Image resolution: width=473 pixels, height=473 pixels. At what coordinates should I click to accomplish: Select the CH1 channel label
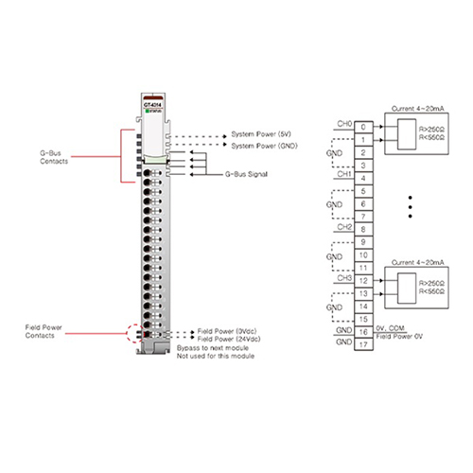[x=343, y=174]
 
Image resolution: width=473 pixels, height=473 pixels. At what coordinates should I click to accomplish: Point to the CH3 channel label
[x=343, y=278]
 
